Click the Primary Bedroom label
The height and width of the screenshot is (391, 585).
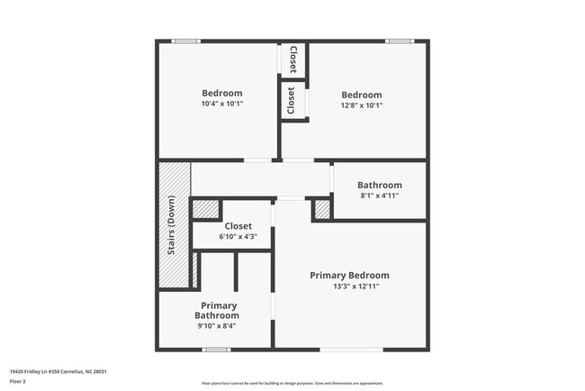[349, 275]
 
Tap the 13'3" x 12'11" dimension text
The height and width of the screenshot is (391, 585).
[349, 286]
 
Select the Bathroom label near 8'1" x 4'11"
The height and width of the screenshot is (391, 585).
[379, 185]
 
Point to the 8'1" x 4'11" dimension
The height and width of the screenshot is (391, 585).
[379, 195]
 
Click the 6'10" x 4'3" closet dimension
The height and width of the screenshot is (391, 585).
[238, 237]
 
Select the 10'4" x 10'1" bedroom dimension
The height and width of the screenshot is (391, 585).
[221, 104]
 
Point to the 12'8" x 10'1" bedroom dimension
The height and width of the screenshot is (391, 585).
[361, 105]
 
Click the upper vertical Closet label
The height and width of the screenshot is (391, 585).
[292, 59]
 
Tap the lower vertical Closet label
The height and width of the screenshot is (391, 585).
[291, 100]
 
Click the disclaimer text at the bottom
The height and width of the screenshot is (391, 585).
[292, 383]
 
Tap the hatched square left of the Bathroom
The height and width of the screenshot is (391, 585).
[322, 209]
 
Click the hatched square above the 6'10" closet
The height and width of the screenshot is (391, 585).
[206, 209]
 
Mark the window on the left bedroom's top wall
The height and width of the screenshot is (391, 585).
[185, 41]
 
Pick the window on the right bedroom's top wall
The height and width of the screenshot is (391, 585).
[399, 41]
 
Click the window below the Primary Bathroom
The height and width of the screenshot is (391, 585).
[214, 350]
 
